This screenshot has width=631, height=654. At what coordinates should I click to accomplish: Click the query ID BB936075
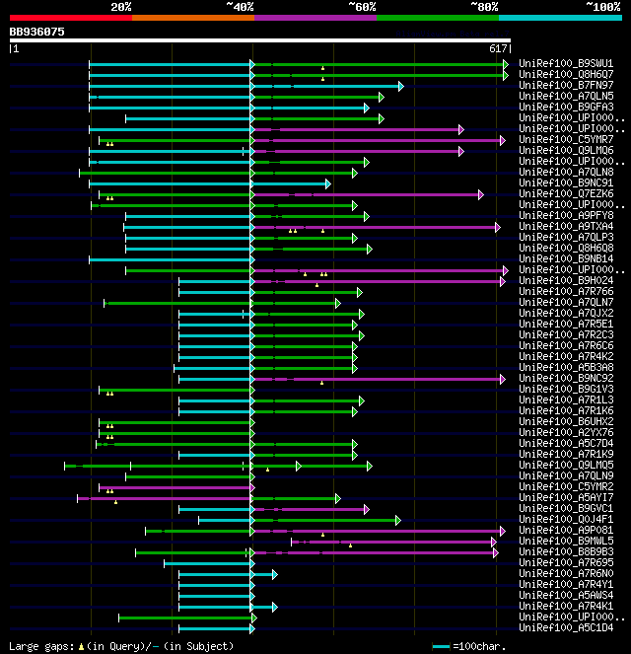[x=36, y=32]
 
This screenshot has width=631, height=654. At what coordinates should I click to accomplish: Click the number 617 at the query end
[x=497, y=48]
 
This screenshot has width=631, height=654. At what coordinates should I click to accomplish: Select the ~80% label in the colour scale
[x=484, y=6]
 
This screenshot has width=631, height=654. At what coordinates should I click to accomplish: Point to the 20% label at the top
[x=120, y=6]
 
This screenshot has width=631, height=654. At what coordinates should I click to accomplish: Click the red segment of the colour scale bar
[x=70, y=18]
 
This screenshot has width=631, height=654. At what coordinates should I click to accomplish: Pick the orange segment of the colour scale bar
[x=192, y=18]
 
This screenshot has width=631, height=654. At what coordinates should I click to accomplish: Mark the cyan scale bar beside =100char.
[x=442, y=646]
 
